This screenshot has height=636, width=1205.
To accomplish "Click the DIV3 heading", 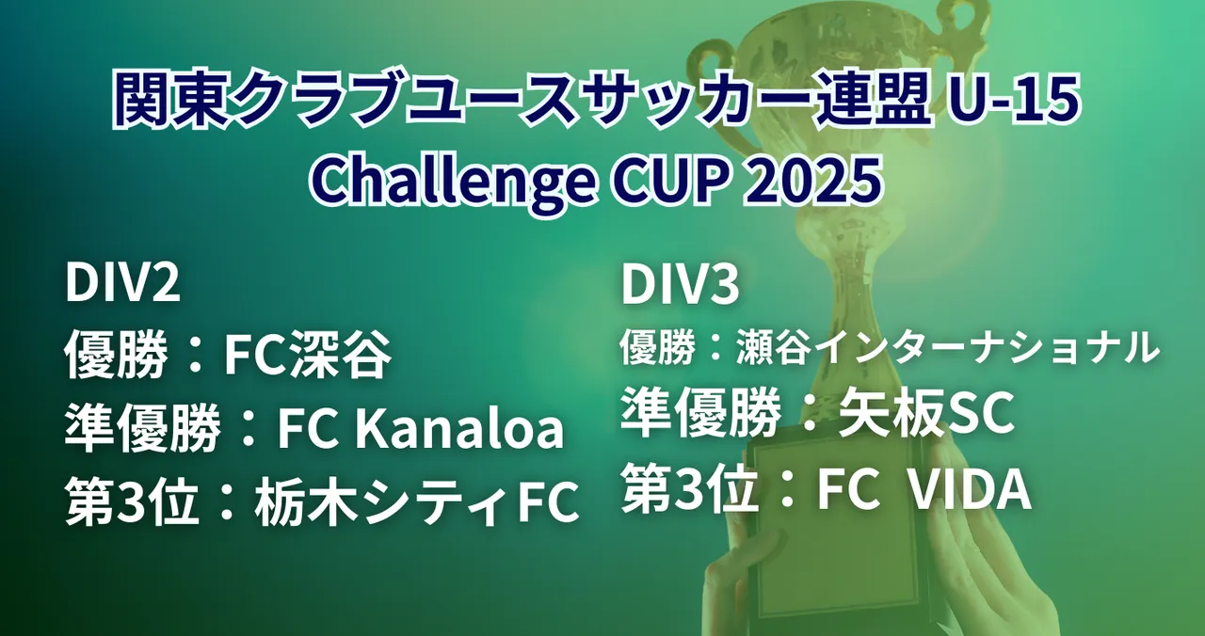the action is [681, 285].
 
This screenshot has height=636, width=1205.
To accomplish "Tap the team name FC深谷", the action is [308, 355].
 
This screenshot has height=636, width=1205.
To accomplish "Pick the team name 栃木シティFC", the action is [417, 502].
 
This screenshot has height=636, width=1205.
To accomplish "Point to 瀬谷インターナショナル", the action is [947, 348].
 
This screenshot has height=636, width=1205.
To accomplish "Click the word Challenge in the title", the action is [453, 180].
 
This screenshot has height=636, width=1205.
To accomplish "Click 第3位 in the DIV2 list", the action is [133, 502].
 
